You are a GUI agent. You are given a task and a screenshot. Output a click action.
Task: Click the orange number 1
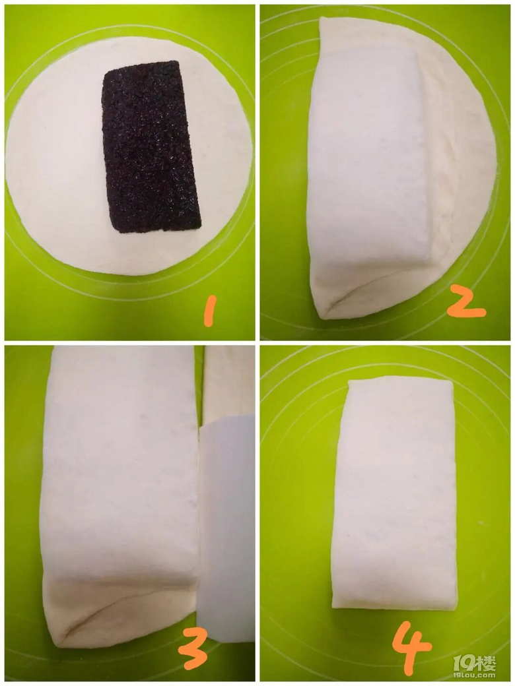(210, 311)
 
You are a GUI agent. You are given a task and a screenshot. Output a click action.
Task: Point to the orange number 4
(411, 648)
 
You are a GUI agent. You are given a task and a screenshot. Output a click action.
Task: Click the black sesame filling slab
(151, 146)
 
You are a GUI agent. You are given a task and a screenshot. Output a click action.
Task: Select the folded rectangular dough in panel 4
(394, 493)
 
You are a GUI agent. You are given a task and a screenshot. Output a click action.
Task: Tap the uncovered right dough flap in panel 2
(464, 166)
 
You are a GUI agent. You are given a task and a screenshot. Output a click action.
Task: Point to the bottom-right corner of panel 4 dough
(456, 608)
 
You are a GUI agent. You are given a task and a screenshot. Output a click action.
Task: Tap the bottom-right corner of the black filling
(200, 227)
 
